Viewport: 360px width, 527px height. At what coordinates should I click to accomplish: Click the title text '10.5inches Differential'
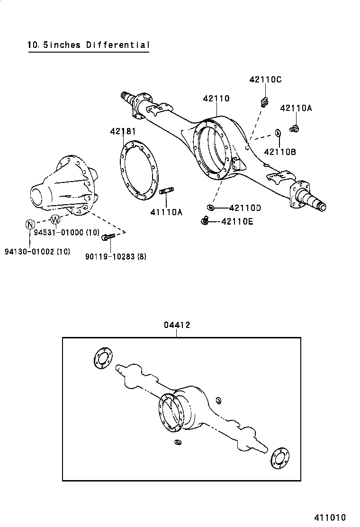click(x=89, y=45)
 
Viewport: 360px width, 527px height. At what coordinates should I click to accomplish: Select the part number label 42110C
click(x=265, y=80)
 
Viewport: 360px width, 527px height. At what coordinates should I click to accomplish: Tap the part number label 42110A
click(x=296, y=108)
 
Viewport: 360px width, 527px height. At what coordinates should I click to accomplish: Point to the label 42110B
click(x=280, y=152)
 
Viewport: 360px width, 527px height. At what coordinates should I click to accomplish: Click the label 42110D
click(x=245, y=208)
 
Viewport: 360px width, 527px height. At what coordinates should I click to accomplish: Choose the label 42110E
click(x=237, y=221)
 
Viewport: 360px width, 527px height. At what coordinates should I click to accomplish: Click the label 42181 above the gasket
click(x=123, y=131)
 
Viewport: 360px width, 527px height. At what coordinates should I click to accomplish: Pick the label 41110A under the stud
click(x=166, y=212)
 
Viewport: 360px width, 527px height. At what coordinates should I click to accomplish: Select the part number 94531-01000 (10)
click(x=66, y=232)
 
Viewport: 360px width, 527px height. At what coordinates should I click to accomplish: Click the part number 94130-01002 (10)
click(x=37, y=252)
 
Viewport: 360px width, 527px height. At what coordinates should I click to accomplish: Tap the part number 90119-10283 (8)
click(x=116, y=256)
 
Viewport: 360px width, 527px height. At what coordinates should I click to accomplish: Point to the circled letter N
click(x=30, y=224)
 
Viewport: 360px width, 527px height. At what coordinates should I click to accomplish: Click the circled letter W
click(x=55, y=219)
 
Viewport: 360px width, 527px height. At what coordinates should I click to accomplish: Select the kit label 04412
click(x=177, y=325)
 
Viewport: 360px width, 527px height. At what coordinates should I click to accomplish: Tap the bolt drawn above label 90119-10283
click(x=108, y=236)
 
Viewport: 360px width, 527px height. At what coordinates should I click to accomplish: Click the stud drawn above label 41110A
click(x=167, y=192)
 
